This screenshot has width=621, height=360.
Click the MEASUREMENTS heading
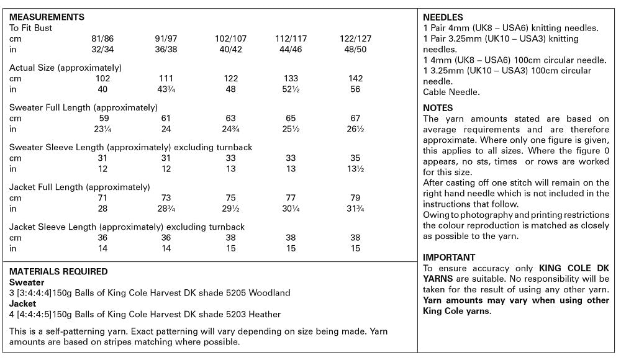[x=47, y=17]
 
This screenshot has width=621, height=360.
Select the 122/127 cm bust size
[x=355, y=38]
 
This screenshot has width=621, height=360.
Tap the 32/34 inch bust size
[x=103, y=49]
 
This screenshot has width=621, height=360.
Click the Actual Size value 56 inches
[x=355, y=89]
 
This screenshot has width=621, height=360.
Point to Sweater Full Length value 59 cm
[x=103, y=118]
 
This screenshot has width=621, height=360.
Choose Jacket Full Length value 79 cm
[x=355, y=197]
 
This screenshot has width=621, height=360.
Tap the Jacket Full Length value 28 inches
[x=103, y=209]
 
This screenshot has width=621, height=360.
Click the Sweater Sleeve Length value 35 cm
[x=355, y=158]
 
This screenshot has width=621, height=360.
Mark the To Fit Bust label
[x=31, y=28]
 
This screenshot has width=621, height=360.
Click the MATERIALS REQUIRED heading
[x=58, y=271]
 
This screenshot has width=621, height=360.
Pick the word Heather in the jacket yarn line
[x=265, y=314]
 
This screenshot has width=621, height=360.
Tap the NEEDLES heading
[x=443, y=17]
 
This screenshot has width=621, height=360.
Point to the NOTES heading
[x=438, y=108]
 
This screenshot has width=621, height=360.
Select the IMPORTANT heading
[x=449, y=257]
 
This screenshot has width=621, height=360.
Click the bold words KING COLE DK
[x=574, y=268]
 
